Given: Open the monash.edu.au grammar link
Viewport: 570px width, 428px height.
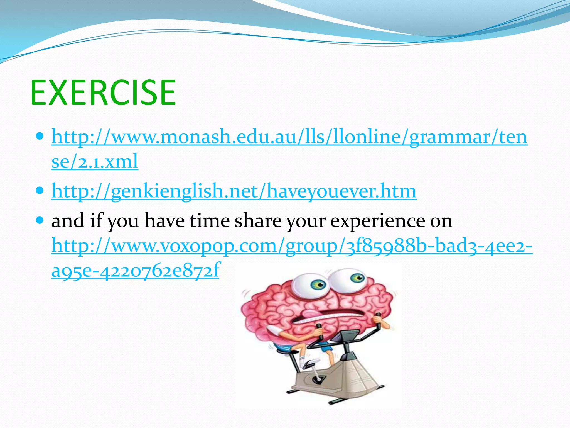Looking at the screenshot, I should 289,137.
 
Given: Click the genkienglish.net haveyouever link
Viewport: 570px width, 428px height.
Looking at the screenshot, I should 234,191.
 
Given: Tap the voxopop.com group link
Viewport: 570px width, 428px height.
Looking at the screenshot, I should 292,246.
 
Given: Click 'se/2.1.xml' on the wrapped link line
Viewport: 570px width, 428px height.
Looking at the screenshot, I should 95,162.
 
